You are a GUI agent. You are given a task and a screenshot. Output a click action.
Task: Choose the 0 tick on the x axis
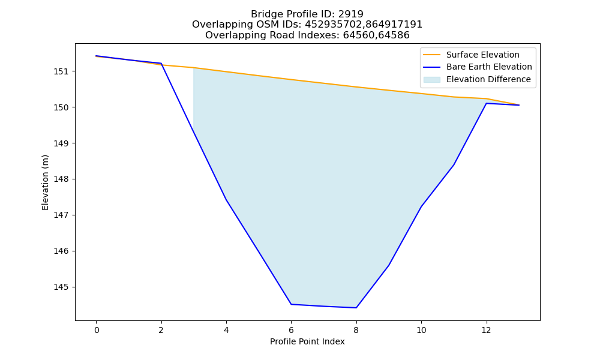tap(97, 330)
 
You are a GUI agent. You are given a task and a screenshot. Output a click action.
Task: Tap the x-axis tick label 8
tap(356, 330)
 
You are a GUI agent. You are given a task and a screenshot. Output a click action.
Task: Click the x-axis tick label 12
tap(487, 330)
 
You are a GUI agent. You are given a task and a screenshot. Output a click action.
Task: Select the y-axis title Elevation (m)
tap(45, 182)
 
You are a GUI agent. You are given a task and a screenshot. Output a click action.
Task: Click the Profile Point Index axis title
tap(307, 341)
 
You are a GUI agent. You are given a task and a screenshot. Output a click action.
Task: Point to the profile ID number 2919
tap(350, 14)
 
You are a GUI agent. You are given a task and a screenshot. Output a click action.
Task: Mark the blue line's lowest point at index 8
tap(356, 308)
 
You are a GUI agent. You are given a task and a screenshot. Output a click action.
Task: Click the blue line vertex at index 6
tap(291, 304)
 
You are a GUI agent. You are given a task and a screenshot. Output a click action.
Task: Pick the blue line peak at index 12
tap(487, 103)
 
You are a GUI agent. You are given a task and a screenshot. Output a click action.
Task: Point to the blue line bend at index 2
tap(161, 64)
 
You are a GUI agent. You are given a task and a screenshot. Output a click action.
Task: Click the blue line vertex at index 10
tap(421, 206)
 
